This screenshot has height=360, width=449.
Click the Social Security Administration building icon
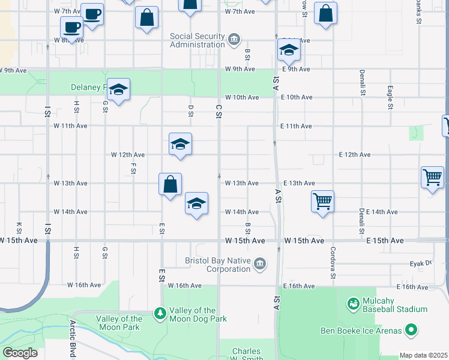(x=234, y=40)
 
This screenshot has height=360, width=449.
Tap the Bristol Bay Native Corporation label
(x=220, y=265)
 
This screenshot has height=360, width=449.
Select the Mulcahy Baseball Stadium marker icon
(x=354, y=305)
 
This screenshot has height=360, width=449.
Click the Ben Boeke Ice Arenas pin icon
(x=411, y=329)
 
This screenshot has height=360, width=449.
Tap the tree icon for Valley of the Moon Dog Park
(x=160, y=313)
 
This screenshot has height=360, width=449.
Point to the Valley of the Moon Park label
(x=119, y=323)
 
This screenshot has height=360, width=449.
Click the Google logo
(x=19, y=353)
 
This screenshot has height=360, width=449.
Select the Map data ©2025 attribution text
(x=423, y=355)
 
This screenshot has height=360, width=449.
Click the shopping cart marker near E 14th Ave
(x=322, y=201)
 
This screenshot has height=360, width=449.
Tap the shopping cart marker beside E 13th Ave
(x=432, y=176)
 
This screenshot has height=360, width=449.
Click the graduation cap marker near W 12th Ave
(x=180, y=144)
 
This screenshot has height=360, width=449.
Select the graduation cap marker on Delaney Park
(x=119, y=89)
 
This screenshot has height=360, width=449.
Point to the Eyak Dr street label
(x=420, y=263)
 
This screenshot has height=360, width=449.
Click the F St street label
(x=133, y=168)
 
